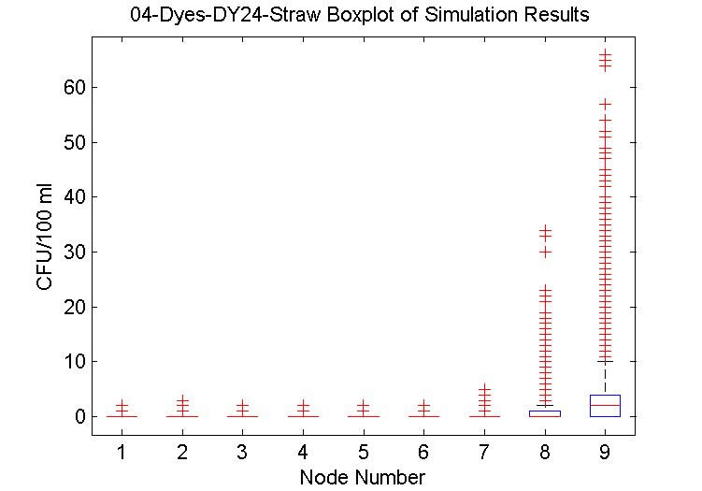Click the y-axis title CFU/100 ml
pyautogui.click(x=47, y=238)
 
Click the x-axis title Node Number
pyautogui.click(x=362, y=478)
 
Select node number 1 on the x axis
pyautogui.click(x=122, y=454)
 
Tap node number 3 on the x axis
pyautogui.click(x=242, y=454)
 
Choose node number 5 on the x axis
pyautogui.click(x=363, y=454)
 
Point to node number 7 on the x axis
pyautogui.click(x=483, y=454)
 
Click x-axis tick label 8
pyautogui.click(x=544, y=454)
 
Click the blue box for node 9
pyautogui.click(x=605, y=405)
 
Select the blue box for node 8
pyautogui.click(x=544, y=413)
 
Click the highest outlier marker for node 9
pyautogui.click(x=605, y=54)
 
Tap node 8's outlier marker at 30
pyautogui.click(x=544, y=252)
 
